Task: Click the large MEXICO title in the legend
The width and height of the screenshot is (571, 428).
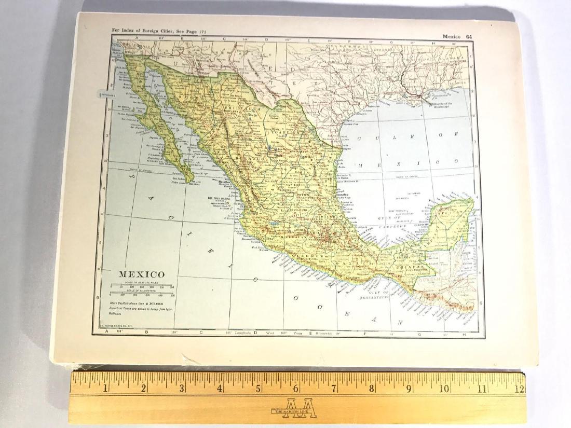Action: [x=143, y=274]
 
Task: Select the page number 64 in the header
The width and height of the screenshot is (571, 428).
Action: [x=469, y=36]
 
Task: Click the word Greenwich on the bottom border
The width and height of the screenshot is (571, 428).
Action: [x=321, y=333]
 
